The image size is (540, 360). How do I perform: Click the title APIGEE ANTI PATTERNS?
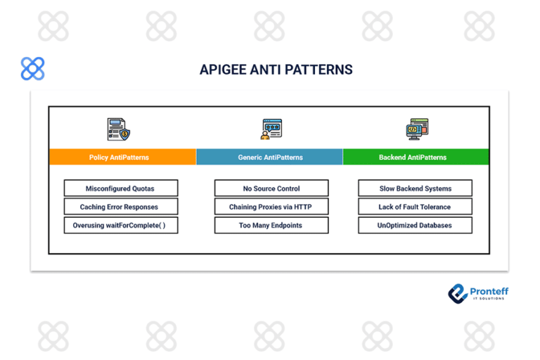(x=276, y=70)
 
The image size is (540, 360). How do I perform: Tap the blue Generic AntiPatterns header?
(x=270, y=157)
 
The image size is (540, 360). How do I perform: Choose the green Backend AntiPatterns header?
(x=416, y=157)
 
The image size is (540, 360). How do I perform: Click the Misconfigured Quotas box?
(x=120, y=188)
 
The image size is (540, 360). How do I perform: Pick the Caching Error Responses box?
(x=120, y=207)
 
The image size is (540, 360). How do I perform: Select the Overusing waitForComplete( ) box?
(x=120, y=226)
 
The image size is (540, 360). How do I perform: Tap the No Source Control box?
(x=271, y=188)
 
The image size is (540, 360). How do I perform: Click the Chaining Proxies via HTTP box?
(x=271, y=207)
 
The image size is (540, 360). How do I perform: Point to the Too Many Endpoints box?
(x=271, y=226)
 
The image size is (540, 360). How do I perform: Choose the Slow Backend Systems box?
(x=415, y=188)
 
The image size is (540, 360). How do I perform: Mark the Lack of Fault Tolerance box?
(x=415, y=207)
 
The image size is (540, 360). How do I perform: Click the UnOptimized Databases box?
(x=415, y=226)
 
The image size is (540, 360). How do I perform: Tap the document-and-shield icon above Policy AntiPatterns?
(x=119, y=129)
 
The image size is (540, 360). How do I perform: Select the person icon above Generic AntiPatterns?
(x=271, y=129)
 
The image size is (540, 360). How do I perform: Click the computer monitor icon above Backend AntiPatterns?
(x=417, y=129)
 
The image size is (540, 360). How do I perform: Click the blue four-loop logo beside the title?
(x=32, y=69)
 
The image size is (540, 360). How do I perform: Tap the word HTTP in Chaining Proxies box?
(x=302, y=207)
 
